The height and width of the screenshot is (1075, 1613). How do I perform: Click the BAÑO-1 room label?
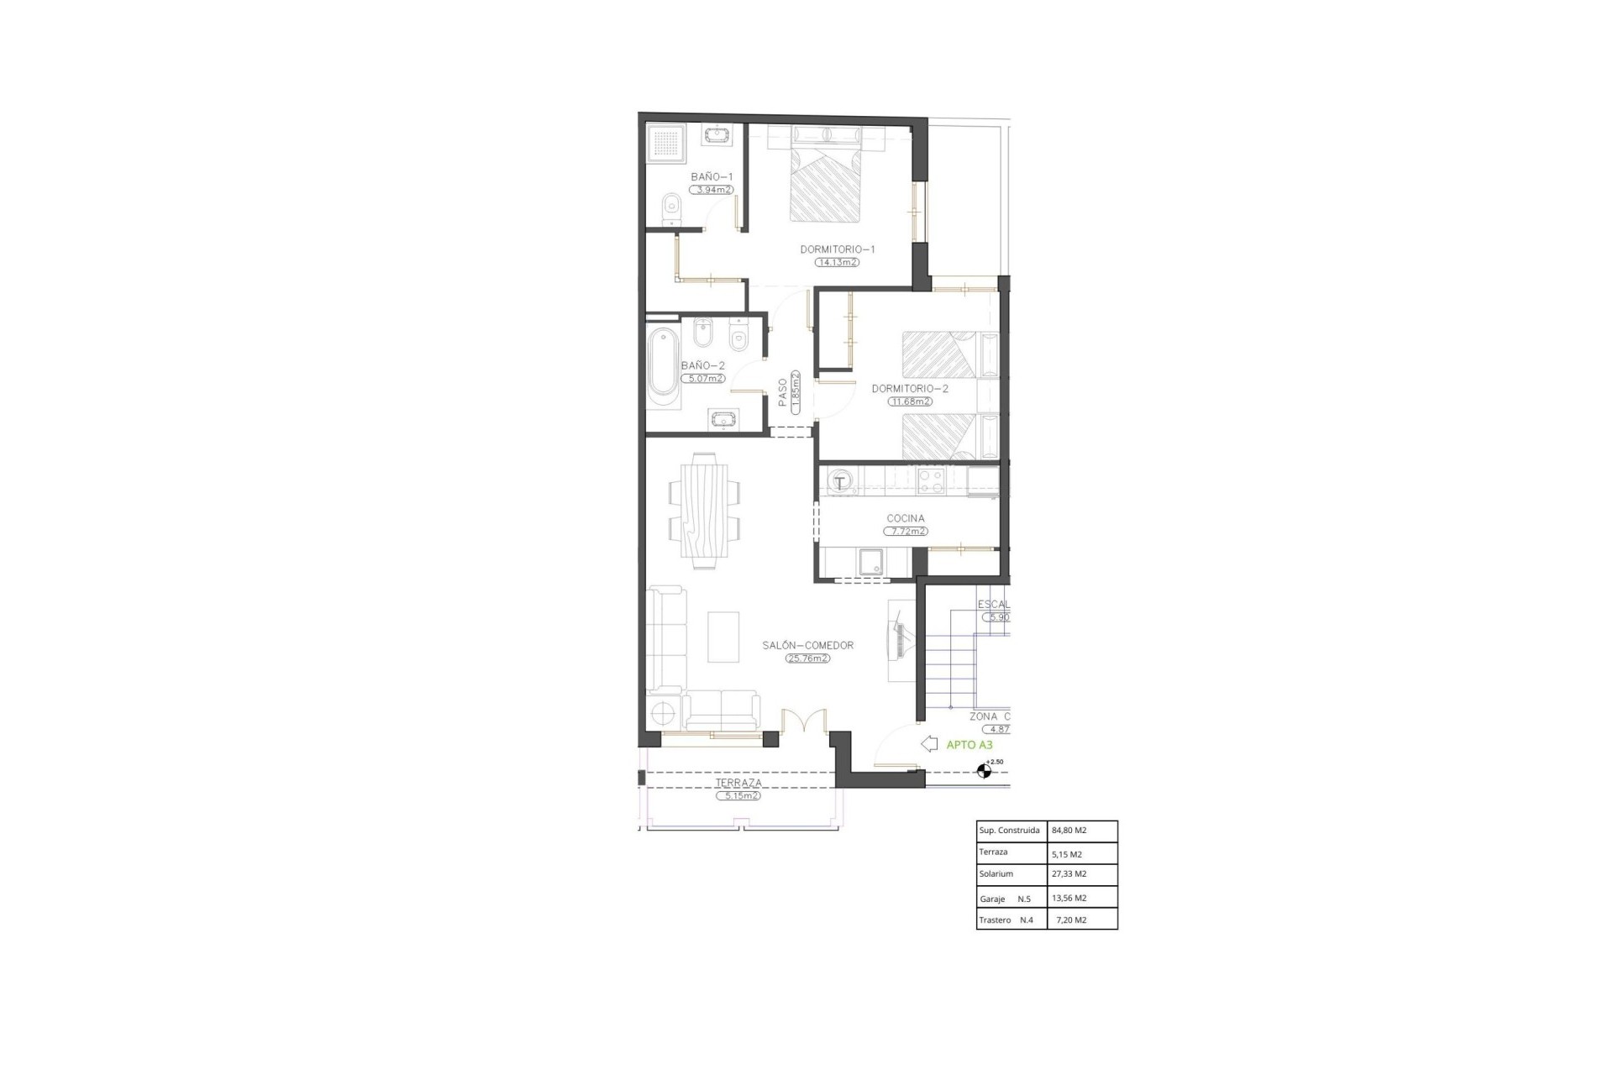click(x=712, y=177)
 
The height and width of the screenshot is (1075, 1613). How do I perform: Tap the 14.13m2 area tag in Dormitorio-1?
click(x=837, y=262)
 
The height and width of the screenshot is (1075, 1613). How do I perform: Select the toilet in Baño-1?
click(x=670, y=207)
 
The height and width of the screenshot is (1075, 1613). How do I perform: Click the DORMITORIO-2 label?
click(x=910, y=389)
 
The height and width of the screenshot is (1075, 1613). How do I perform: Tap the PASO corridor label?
click(x=783, y=393)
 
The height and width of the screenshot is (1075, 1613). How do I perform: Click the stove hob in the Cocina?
click(x=931, y=480)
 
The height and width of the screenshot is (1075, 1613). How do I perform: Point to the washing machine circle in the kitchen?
click(x=840, y=482)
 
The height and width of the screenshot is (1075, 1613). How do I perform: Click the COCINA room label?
click(x=905, y=519)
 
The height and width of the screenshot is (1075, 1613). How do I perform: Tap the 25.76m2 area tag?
click(x=807, y=658)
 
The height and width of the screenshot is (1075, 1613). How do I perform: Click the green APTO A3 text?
click(x=969, y=745)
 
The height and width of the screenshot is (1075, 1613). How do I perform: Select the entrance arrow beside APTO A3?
click(x=929, y=744)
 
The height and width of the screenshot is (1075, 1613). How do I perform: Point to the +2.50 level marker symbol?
click(x=984, y=770)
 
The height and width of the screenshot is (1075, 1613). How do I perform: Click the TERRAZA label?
click(x=738, y=783)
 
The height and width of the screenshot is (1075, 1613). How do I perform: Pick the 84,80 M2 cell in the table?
click(x=1069, y=831)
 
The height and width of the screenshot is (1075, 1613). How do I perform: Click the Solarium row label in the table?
click(x=996, y=874)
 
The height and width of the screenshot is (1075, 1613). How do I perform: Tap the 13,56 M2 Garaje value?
click(x=1069, y=898)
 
